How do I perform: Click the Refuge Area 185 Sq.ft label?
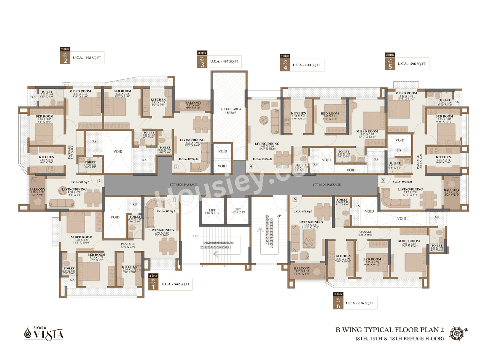click(x=229, y=111)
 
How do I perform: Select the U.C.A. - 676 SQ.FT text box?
click(x=360, y=303)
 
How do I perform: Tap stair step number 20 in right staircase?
click(x=267, y=216)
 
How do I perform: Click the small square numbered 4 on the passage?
click(x=251, y=166)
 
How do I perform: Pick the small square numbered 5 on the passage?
click(x=383, y=180)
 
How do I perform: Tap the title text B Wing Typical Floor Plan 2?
click(x=396, y=330)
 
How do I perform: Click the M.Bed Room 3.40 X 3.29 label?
click(x=81, y=240)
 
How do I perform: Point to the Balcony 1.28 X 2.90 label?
click(x=38, y=192)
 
